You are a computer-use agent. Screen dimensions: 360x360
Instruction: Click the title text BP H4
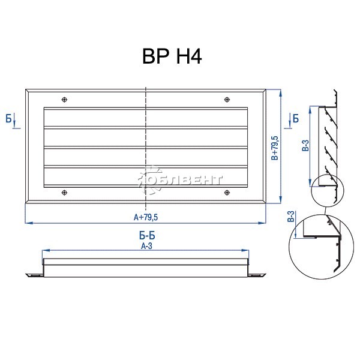click(x=172, y=56)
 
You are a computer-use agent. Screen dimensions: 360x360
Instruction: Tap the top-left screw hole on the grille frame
click(x=65, y=100)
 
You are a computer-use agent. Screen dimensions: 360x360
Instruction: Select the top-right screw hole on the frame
click(x=227, y=100)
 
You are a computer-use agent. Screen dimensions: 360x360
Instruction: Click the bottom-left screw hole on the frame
click(x=65, y=193)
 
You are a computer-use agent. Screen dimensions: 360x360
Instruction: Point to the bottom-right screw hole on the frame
click(x=227, y=193)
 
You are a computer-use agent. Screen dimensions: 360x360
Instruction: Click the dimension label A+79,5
click(x=146, y=217)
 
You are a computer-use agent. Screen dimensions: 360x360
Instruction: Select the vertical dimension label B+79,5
click(x=275, y=148)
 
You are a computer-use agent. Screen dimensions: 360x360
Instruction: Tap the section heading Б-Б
click(x=147, y=236)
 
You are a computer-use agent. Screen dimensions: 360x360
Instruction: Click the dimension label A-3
click(x=147, y=246)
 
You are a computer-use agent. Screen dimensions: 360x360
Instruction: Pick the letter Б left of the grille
click(x=9, y=119)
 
